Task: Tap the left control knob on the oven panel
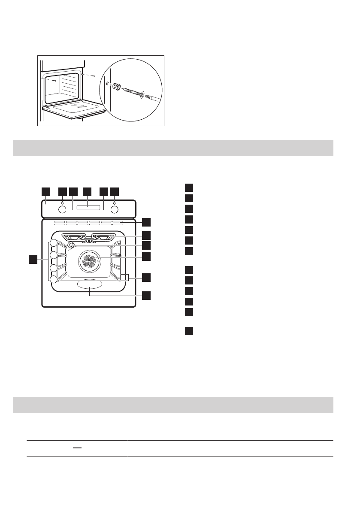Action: (x=63, y=209)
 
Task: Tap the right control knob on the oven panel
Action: (x=114, y=209)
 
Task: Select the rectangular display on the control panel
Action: (x=88, y=209)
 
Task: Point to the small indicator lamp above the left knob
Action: (x=63, y=203)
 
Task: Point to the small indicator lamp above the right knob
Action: (x=114, y=203)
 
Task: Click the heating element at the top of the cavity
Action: (x=89, y=236)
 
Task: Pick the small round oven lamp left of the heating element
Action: (x=70, y=244)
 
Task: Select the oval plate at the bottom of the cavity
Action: (x=89, y=285)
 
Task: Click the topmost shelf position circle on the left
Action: (x=53, y=243)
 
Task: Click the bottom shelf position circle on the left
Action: (x=53, y=279)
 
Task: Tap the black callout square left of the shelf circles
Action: (x=32, y=259)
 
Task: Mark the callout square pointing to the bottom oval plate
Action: (x=147, y=295)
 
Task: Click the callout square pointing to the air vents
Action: (x=147, y=222)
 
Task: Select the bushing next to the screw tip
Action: (x=116, y=87)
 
